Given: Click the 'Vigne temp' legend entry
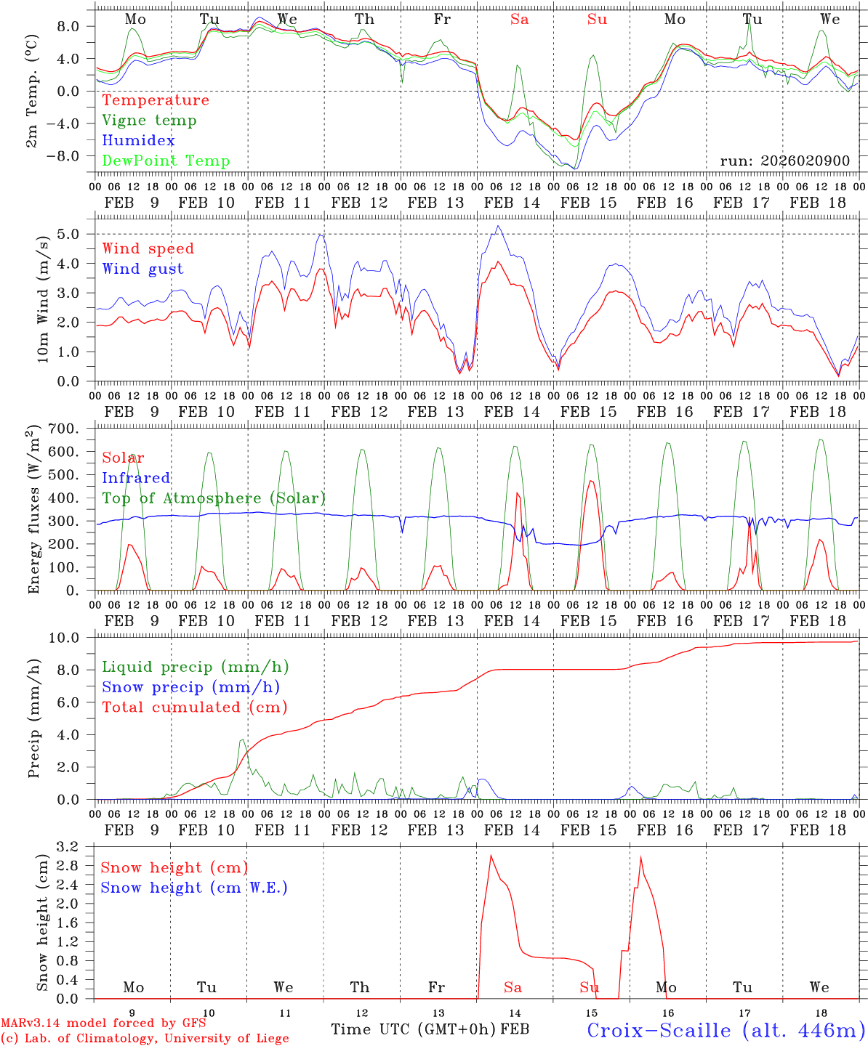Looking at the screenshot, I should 149,121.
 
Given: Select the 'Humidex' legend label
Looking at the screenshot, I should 138,141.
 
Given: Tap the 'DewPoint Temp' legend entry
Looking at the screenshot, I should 166,161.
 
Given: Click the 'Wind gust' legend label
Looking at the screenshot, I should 142,269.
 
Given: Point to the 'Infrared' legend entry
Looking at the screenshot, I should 136,478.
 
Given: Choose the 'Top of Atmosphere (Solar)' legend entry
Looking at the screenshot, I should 214,498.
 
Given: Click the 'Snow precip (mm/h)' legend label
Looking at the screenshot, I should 190,687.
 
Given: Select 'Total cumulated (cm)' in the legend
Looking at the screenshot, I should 195,708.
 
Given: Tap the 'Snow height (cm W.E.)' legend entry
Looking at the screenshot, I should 194,888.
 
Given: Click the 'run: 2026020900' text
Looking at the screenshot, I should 784,161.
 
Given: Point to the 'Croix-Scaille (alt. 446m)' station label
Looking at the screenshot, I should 725,1030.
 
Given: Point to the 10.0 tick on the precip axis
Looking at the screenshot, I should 73,638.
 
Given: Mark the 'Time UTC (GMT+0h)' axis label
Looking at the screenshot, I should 414,1029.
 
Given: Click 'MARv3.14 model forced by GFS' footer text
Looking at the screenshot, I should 103,1023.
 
